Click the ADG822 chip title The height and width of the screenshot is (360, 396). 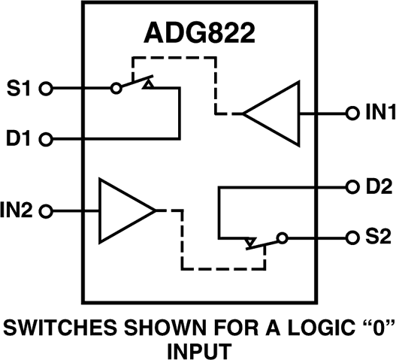pyautogui.click(x=197, y=35)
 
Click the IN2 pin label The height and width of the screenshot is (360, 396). pyautogui.click(x=19, y=210)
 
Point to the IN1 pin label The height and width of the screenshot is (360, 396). pyautogui.click(x=376, y=113)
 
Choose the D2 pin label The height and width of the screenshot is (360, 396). pyautogui.click(x=375, y=186)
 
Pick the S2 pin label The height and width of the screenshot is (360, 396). pyautogui.click(x=375, y=237)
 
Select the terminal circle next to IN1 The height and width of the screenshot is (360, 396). pyautogui.click(x=350, y=113)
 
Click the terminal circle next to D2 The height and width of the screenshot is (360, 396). pyautogui.click(x=350, y=186)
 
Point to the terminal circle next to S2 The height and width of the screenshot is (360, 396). pyautogui.click(x=350, y=237)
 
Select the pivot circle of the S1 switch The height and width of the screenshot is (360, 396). pyautogui.click(x=116, y=88)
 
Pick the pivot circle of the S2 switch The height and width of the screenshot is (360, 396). pyautogui.click(x=281, y=237)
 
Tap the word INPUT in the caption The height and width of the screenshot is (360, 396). pyautogui.click(x=198, y=350)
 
